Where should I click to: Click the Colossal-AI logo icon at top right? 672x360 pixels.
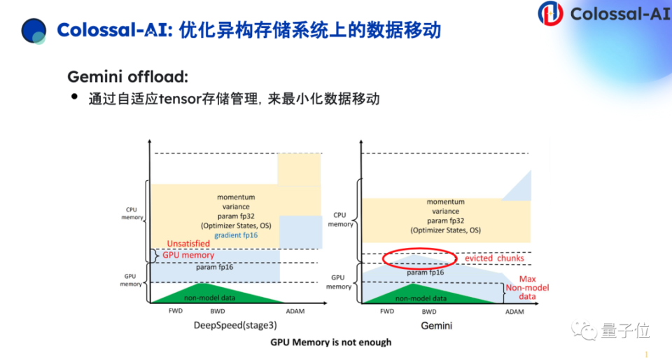pos(550,13)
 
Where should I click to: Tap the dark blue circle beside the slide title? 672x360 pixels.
pos(34,30)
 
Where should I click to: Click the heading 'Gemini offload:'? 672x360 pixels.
pos(127,76)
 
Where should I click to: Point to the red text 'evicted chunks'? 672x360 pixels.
pos(494,258)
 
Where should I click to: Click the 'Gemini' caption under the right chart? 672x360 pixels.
pos(436,326)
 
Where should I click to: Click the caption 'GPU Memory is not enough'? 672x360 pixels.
pos(331,342)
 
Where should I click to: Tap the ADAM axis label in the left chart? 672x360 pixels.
pos(295,311)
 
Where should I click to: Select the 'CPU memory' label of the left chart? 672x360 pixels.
pos(133,212)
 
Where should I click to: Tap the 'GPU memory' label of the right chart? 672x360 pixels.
pos(339,282)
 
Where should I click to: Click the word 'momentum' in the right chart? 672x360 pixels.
pos(446,202)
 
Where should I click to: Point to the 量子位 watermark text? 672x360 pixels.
pos(615,328)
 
